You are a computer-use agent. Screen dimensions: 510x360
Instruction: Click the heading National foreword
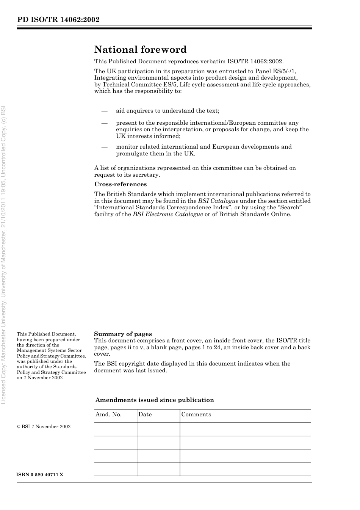(x=140, y=50)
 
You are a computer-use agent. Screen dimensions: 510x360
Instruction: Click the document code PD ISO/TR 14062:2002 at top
(x=58, y=20)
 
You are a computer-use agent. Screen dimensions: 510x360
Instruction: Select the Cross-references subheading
(x=121, y=184)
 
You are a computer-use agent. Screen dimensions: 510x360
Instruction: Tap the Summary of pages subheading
(x=123, y=334)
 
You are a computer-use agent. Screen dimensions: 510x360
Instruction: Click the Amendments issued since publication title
(x=155, y=400)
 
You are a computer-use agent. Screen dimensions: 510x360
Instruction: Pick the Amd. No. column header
(x=109, y=414)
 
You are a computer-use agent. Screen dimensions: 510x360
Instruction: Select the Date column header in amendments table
(x=145, y=414)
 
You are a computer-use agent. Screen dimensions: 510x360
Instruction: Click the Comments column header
(x=196, y=414)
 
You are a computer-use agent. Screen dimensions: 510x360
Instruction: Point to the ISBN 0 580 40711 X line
(x=40, y=475)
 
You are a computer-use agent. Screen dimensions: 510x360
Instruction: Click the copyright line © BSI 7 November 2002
(x=44, y=427)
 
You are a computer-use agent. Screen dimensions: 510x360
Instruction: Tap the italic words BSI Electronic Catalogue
(x=167, y=214)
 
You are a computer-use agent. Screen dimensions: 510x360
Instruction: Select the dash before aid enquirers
(x=105, y=111)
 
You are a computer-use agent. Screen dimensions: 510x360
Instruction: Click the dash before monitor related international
(x=105, y=147)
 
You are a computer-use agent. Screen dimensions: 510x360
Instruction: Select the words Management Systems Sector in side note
(x=49, y=350)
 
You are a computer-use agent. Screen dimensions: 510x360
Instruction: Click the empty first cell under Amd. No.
(x=116, y=429)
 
